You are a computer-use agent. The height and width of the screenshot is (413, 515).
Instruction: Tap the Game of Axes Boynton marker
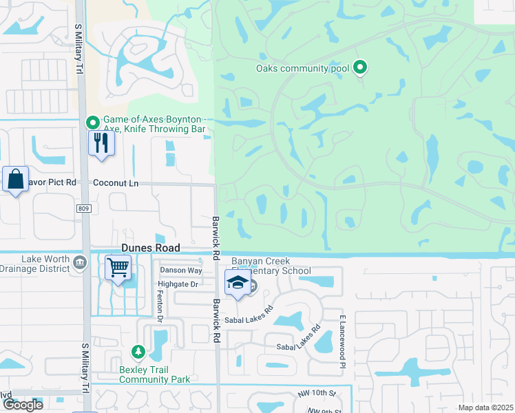click(92, 123)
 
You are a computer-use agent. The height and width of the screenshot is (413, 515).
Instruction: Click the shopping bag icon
click(15, 180)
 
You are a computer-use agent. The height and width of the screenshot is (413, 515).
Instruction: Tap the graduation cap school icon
click(238, 282)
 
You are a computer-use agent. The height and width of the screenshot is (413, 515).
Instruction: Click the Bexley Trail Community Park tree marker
click(138, 352)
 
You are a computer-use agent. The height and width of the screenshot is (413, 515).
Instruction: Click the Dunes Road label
click(150, 248)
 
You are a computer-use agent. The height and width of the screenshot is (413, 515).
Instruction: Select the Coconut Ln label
click(116, 183)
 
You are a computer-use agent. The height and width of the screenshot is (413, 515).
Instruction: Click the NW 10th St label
click(317, 393)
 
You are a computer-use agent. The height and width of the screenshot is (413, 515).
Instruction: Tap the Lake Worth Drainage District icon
click(80, 262)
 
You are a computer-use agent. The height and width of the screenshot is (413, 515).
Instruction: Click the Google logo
click(22, 405)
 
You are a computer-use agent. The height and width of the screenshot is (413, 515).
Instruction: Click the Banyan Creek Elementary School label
click(271, 266)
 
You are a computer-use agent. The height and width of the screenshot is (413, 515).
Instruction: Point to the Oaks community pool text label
click(303, 68)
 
